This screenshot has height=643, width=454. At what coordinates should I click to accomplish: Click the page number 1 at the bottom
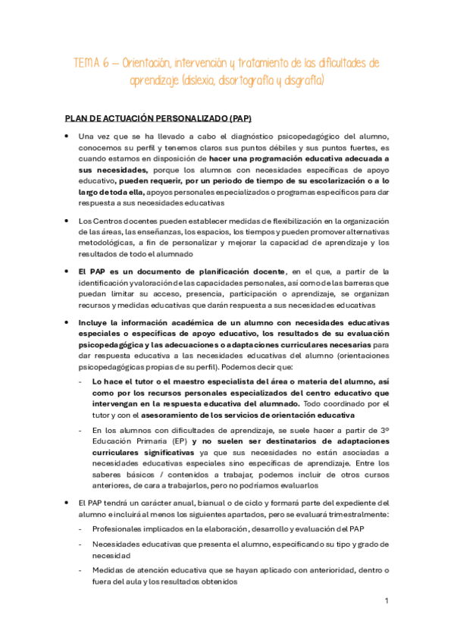point(387,601)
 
